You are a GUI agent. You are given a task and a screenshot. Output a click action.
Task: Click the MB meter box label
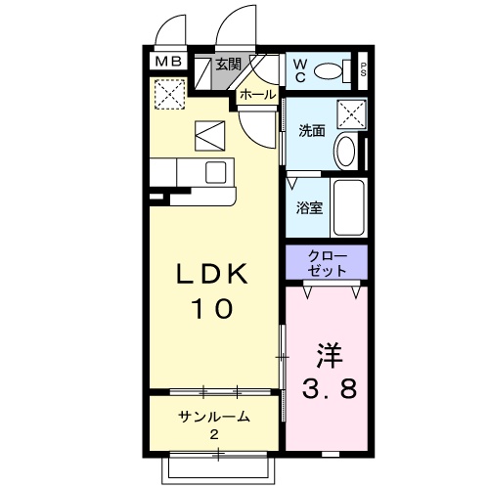[x=168, y=62]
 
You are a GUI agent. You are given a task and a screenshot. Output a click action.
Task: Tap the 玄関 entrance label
[x=229, y=65]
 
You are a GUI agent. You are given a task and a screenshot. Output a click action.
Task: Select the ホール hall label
[x=258, y=95]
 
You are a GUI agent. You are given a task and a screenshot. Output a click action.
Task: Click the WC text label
[x=299, y=70]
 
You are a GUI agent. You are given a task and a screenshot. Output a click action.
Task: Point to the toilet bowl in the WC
[x=329, y=71]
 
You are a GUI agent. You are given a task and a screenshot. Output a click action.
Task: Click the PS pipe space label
[x=363, y=69]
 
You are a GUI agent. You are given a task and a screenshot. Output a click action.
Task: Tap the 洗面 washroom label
[x=312, y=131]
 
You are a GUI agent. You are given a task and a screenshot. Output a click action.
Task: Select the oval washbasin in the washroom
[x=346, y=153]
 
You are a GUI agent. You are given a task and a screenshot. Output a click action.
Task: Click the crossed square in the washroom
[x=351, y=114]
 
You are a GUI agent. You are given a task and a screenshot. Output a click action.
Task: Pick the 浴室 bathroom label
[x=309, y=207]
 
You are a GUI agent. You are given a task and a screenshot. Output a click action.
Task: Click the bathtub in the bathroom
[x=349, y=207]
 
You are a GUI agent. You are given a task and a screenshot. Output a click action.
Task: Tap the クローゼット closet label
[x=327, y=263]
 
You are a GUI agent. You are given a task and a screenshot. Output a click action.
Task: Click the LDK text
[x=212, y=274]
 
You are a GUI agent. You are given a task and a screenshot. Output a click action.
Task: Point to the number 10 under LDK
[x=212, y=308]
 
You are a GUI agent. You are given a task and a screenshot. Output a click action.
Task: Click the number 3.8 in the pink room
[x=330, y=388]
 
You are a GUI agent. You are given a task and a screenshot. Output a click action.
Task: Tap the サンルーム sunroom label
[x=214, y=417]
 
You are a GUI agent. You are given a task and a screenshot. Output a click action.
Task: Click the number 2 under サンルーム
[x=214, y=434]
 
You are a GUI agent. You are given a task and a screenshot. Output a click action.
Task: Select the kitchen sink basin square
[x=216, y=172]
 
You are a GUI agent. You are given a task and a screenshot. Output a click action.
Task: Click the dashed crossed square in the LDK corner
[x=169, y=95]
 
